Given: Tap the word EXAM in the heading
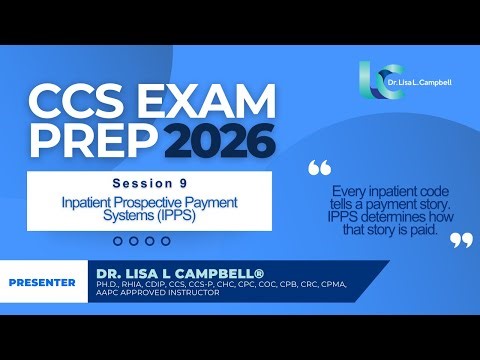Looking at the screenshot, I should tap(203, 101).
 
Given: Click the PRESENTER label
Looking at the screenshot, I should tap(42, 282).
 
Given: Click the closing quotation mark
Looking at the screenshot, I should tap(460, 239).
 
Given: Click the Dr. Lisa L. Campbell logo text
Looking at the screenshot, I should tap(423, 80).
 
